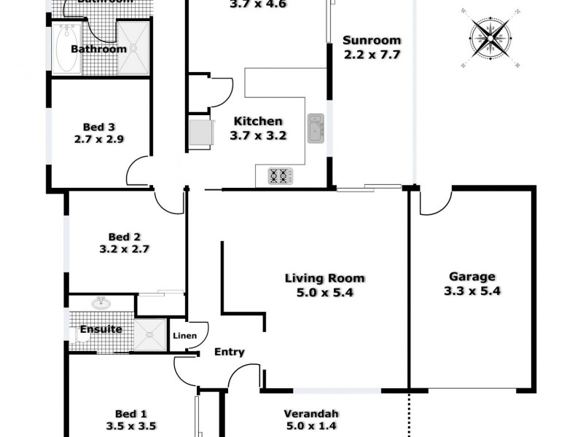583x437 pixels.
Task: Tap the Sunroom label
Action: click(x=372, y=41)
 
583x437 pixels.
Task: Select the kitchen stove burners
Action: click(x=281, y=176)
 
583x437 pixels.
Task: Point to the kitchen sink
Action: click(x=316, y=128)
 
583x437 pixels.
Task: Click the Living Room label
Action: click(x=324, y=278)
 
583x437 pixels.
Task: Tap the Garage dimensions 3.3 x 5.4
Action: click(x=472, y=291)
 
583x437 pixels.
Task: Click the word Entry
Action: click(x=229, y=353)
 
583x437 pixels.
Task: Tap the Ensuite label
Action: click(x=101, y=329)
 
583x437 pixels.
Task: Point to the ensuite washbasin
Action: click(x=101, y=303)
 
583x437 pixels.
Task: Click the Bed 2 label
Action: click(x=124, y=236)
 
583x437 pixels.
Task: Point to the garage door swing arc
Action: click(x=436, y=204)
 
